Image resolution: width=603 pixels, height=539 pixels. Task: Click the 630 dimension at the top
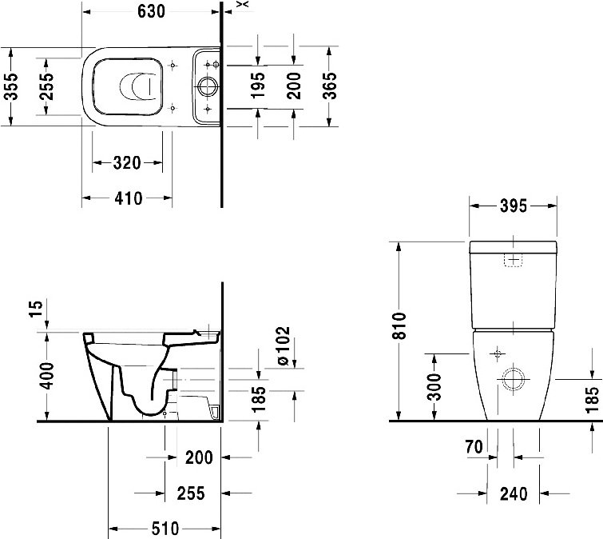[151, 11]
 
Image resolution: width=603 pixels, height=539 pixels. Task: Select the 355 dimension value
[11, 86]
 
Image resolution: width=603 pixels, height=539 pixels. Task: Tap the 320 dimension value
[127, 163]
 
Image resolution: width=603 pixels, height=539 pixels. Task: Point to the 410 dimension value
[129, 198]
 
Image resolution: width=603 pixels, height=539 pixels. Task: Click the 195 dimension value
[258, 86]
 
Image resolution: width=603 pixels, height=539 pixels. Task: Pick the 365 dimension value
[330, 86]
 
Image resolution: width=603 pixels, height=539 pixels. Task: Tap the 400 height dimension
[47, 376]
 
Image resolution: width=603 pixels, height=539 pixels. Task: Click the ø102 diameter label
[284, 345]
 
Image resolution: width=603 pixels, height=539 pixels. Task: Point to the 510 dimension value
[165, 529]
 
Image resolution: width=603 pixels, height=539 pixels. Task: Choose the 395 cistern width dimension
[514, 206]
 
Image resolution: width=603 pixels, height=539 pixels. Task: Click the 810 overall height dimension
[399, 325]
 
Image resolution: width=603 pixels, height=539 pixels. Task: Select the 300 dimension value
[435, 386]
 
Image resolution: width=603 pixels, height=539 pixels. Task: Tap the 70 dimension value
[474, 447]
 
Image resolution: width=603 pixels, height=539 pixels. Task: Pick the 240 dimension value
[514, 493]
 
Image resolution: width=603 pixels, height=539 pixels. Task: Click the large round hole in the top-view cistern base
[208, 86]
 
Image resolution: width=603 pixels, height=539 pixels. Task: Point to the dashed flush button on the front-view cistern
[514, 260]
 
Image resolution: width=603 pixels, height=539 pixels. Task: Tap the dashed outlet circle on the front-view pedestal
[514, 379]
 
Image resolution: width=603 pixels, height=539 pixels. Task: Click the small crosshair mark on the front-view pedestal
[498, 353]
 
